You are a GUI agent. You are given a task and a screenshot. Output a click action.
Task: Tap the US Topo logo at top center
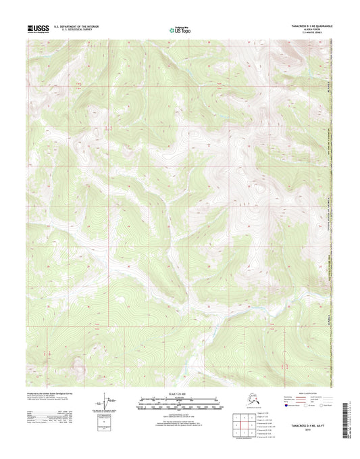(x=180, y=29)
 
